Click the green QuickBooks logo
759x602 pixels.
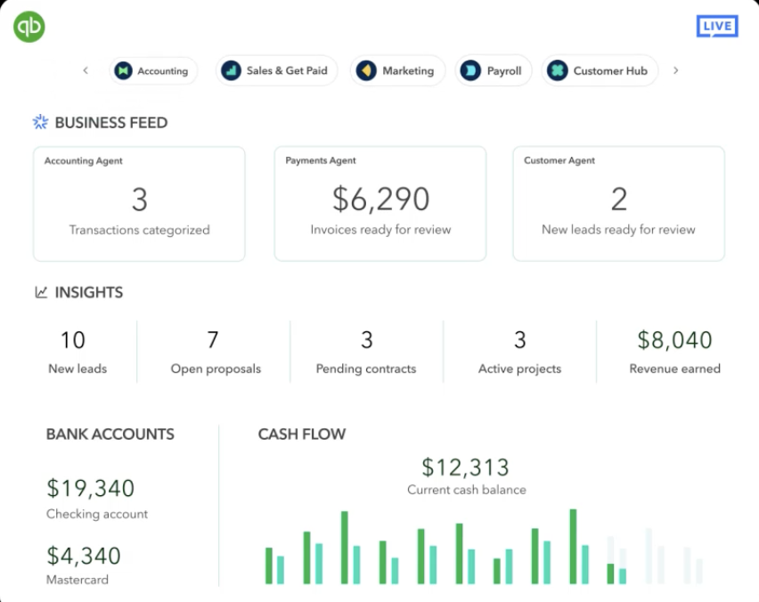[29, 27]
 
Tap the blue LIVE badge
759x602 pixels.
[716, 26]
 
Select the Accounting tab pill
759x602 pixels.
[152, 71]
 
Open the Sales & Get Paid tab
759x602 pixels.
[276, 71]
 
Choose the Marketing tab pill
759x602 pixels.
[396, 71]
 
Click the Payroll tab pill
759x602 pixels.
[494, 71]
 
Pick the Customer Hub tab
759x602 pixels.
[599, 71]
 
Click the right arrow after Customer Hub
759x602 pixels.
[675, 71]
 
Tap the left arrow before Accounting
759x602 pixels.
[86, 71]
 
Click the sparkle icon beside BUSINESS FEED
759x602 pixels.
[40, 123]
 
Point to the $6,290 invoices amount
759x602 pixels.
[380, 199]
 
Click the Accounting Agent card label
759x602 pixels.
[84, 161]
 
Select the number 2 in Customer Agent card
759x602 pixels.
[618, 199]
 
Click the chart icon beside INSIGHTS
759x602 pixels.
[41, 292]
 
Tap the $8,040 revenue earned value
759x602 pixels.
[674, 340]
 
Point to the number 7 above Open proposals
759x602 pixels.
[213, 340]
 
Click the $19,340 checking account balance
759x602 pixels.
[90, 488]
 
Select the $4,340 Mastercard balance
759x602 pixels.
[83, 556]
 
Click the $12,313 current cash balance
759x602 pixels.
[465, 467]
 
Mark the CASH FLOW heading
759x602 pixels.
[301, 435]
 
